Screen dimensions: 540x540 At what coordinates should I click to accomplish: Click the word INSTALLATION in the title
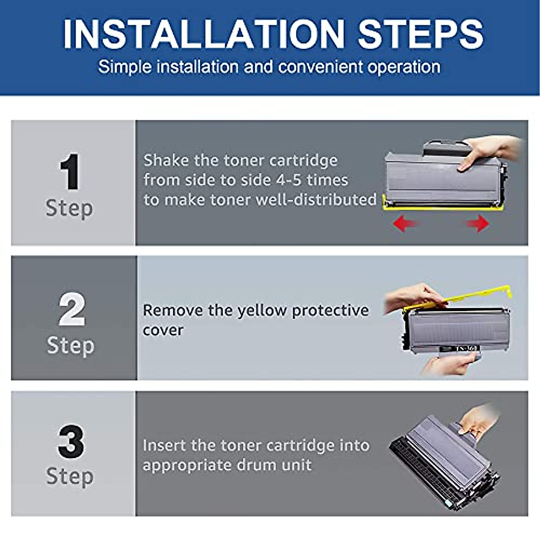[203, 35]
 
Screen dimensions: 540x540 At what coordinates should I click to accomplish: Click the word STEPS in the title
[420, 35]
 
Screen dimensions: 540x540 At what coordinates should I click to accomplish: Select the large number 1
[70, 172]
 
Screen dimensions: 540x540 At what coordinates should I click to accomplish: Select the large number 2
[72, 310]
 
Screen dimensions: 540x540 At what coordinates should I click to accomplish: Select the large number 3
[71, 442]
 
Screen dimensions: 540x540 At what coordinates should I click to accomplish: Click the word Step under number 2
[71, 346]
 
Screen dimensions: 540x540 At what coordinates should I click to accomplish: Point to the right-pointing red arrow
[478, 223]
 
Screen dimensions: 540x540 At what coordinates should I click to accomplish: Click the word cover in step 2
[163, 330]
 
